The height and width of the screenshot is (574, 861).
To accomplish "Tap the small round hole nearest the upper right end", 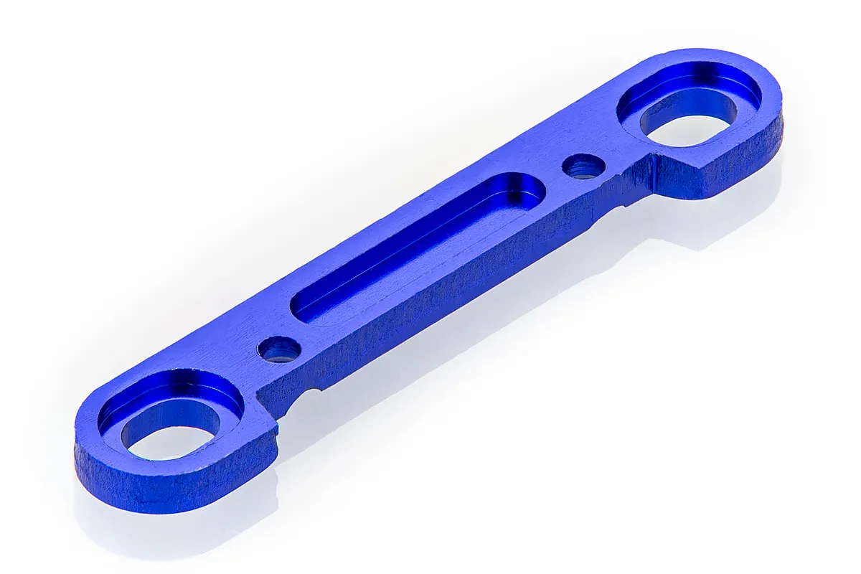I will [x=583, y=166].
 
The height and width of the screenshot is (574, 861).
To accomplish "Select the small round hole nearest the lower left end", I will [x=279, y=349].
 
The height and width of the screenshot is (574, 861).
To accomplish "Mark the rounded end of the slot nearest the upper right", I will [x=524, y=190].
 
